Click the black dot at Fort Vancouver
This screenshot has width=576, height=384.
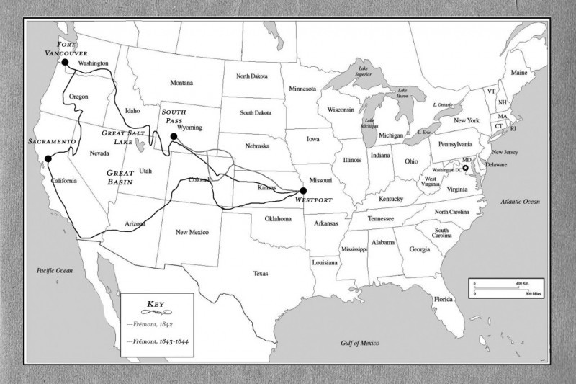[65, 62]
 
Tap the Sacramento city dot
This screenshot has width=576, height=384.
[48, 158]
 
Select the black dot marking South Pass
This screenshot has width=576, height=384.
[174, 135]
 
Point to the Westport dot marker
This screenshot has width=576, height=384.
[303, 191]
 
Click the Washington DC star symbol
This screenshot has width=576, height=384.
[466, 168]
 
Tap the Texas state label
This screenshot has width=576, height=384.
[260, 273]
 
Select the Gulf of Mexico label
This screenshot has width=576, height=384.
[359, 344]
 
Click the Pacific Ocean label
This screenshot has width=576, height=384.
[55, 270]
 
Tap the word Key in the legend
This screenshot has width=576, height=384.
[157, 304]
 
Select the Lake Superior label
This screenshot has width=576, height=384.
[358, 74]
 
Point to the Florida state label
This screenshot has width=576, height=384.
[443, 299]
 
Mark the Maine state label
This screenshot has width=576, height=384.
[518, 73]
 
